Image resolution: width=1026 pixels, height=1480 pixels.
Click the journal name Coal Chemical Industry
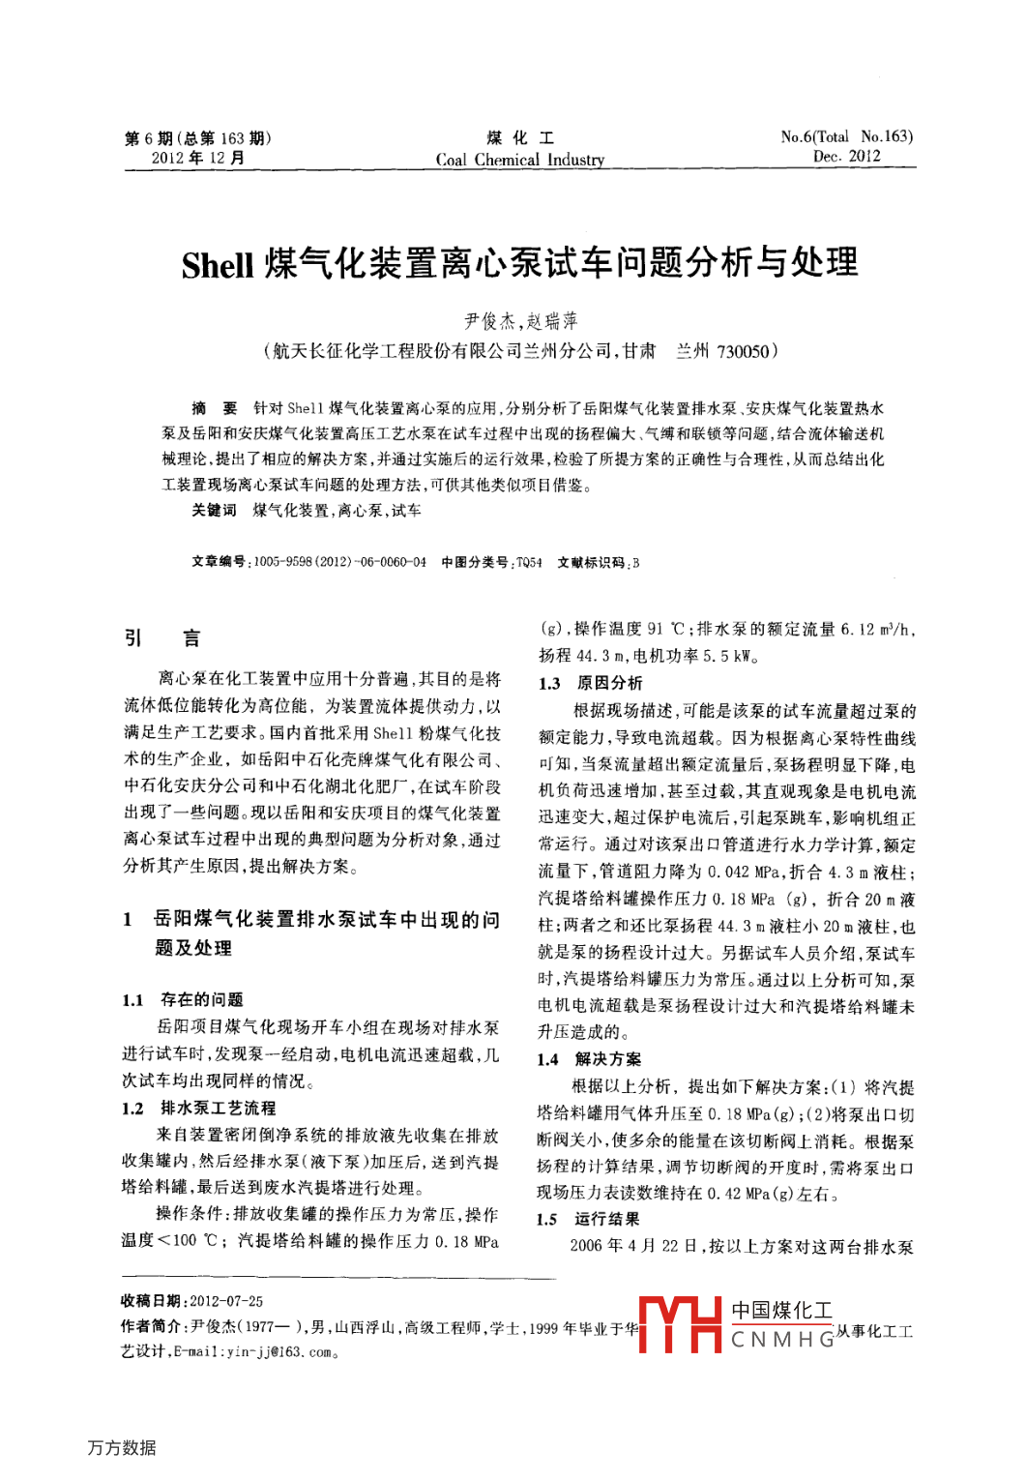click(x=519, y=160)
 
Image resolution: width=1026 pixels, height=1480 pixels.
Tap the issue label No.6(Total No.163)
click(x=846, y=136)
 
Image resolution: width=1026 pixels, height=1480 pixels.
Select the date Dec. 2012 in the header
click(x=846, y=157)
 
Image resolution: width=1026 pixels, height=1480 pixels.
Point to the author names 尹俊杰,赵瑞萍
click(x=520, y=321)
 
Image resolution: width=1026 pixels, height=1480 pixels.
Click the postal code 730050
click(x=742, y=351)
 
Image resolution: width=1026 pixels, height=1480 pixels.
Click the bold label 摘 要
click(x=214, y=408)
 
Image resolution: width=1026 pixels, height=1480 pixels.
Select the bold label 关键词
click(x=214, y=510)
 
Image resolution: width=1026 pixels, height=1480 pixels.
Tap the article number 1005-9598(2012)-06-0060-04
click(x=339, y=562)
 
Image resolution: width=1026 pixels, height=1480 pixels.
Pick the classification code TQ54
click(x=529, y=562)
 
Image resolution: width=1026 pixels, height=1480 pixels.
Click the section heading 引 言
click(x=162, y=637)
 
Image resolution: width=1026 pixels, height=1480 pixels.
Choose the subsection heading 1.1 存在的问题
click(x=183, y=999)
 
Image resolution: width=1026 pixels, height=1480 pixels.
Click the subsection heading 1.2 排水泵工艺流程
click(x=199, y=1108)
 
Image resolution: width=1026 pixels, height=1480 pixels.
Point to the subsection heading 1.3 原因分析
click(x=590, y=683)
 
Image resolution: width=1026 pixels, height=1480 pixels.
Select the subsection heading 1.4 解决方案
click(x=589, y=1058)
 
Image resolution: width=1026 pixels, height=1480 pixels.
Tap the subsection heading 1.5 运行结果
click(x=588, y=1219)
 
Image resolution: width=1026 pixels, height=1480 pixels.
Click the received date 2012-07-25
click(x=226, y=1301)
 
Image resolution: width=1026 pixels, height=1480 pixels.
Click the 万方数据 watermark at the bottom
click(x=122, y=1447)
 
